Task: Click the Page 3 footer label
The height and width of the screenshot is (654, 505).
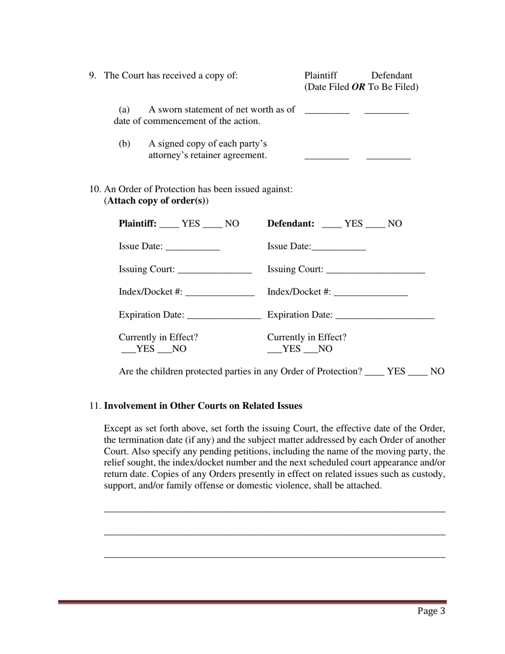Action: [x=431, y=611]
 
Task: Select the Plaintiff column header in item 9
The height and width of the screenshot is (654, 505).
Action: [x=321, y=76]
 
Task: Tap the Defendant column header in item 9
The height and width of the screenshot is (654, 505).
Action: [x=391, y=76]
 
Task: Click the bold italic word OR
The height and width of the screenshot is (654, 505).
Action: [x=358, y=87]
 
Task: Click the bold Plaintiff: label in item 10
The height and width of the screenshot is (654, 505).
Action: [x=138, y=223]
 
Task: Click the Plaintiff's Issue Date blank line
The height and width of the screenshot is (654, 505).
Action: [x=192, y=248]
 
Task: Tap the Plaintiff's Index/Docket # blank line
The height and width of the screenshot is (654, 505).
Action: [x=220, y=294]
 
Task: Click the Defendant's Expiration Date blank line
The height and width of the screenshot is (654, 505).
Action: [x=385, y=316]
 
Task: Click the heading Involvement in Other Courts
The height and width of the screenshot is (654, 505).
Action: [x=203, y=406]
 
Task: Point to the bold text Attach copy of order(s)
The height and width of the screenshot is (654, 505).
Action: [x=156, y=201]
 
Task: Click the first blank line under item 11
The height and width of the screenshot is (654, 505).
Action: [x=274, y=511]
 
